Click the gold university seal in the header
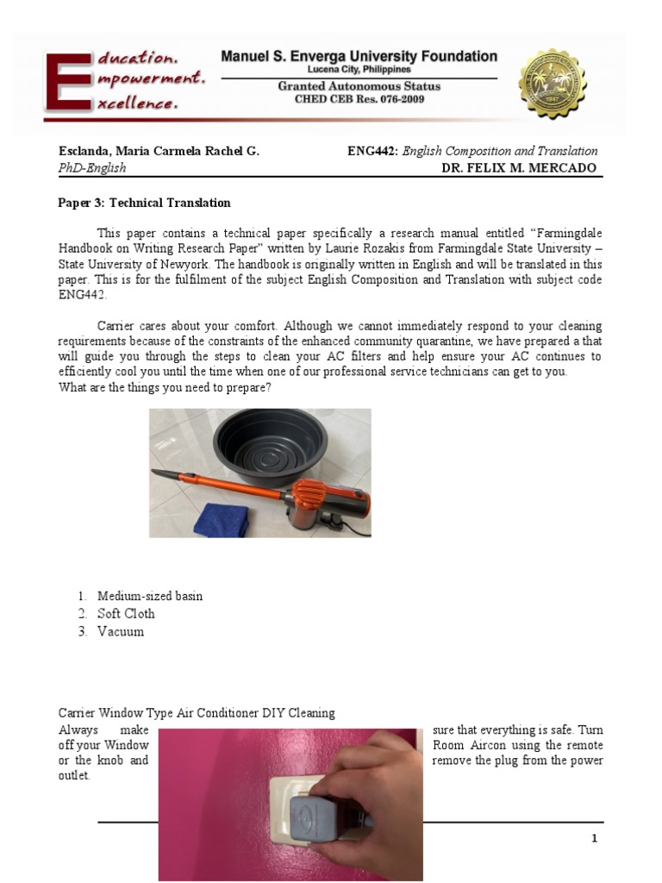pos(552,85)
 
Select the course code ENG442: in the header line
pos(372,151)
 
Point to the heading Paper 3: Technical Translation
pos(144,203)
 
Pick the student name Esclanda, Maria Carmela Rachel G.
pos(159,151)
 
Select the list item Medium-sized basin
pos(150,596)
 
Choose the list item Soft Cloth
pos(126,614)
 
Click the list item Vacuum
pos(121,631)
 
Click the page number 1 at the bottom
pos(594,838)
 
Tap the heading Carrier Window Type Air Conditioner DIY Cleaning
pos(197,713)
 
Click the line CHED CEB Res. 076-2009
pos(359,100)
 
